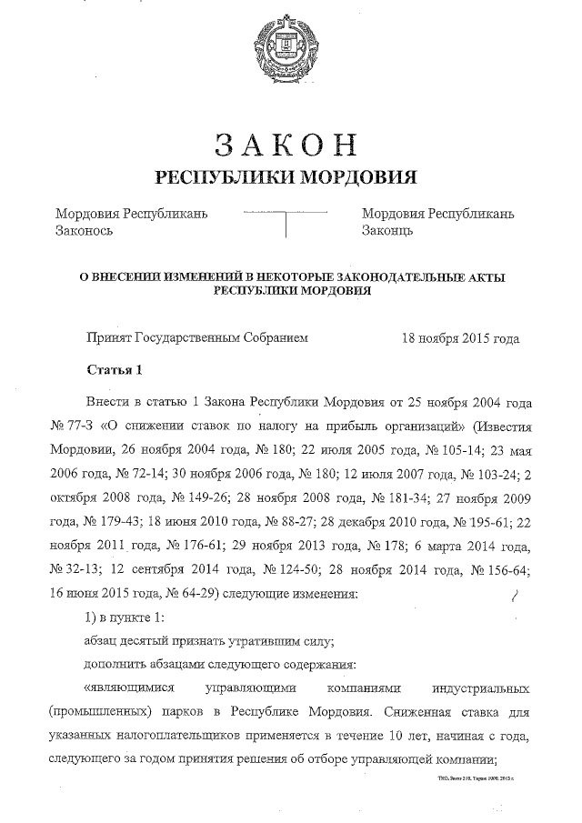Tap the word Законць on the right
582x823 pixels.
[x=388, y=231]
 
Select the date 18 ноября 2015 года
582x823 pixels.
[x=460, y=338]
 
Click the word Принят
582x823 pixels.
[x=107, y=338]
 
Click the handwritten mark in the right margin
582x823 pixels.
[x=515, y=595]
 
